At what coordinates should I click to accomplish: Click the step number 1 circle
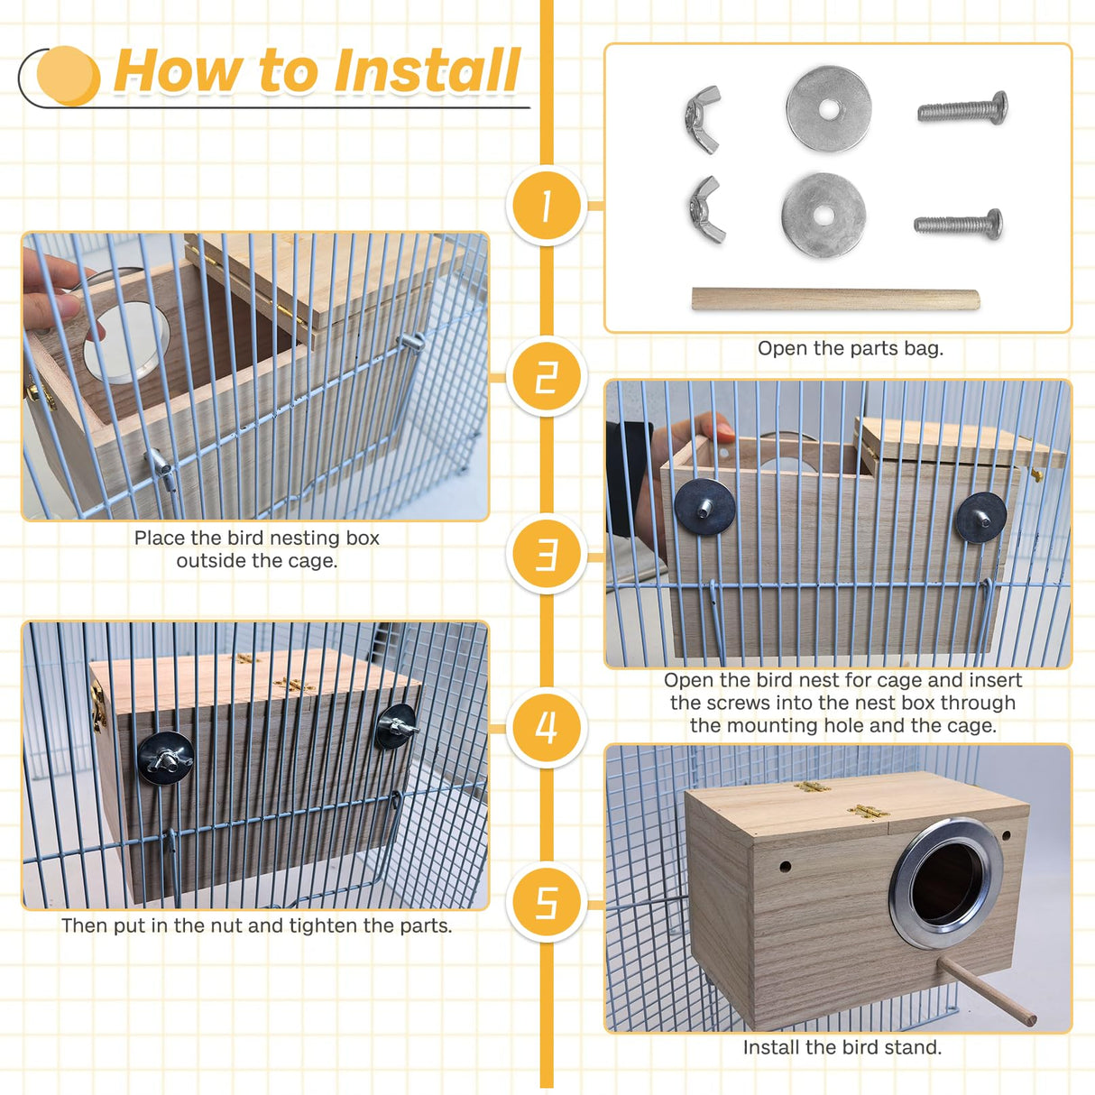[547, 206]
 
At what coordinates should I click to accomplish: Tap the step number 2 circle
[547, 377]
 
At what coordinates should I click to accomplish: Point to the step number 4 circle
[547, 727]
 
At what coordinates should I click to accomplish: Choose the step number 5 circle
[547, 902]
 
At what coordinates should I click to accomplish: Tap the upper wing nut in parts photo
[704, 118]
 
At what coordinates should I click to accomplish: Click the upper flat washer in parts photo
[828, 109]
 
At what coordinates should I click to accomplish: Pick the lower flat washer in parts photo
[824, 216]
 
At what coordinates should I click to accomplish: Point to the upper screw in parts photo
[962, 109]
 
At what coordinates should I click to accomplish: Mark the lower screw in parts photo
[958, 223]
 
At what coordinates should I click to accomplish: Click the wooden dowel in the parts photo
[835, 299]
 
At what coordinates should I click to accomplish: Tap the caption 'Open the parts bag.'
[850, 349]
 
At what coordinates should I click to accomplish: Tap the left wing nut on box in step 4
[165, 757]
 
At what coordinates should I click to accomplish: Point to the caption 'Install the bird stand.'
[842, 1047]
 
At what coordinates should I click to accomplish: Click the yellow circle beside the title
[68, 76]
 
